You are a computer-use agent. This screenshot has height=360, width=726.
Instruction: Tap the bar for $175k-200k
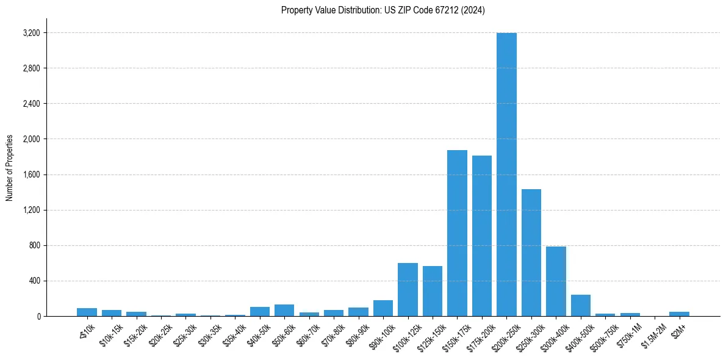click(x=482, y=236)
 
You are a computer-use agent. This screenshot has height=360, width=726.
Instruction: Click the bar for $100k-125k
click(x=408, y=290)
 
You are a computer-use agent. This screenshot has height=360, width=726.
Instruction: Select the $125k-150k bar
click(x=433, y=291)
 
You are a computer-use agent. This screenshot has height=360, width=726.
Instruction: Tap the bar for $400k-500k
click(x=581, y=306)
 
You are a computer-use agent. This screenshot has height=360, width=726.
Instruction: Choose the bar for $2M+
click(x=679, y=314)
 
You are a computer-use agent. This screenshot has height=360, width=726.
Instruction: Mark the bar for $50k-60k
click(x=284, y=310)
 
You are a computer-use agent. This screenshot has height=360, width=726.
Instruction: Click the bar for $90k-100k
click(x=383, y=308)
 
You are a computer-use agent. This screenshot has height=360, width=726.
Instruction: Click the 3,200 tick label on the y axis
click(x=31, y=33)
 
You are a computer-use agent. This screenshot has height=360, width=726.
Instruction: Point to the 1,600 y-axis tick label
click(x=31, y=175)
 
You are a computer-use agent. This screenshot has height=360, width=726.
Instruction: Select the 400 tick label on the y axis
click(x=34, y=281)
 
